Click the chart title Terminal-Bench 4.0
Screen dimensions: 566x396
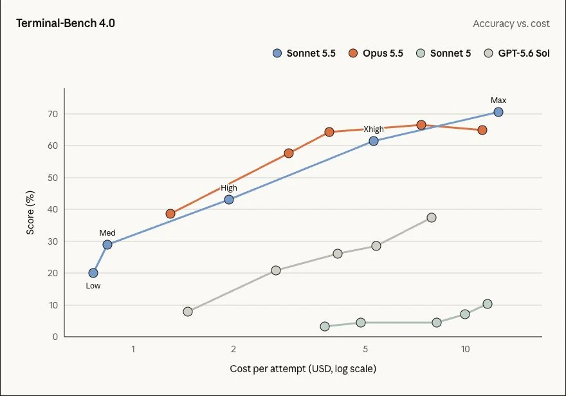coord(66,23)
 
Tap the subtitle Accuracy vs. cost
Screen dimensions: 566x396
coord(511,24)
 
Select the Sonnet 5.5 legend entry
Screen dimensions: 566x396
coord(304,53)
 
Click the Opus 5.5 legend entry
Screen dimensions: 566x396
coord(376,53)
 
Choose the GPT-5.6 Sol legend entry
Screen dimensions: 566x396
coord(517,53)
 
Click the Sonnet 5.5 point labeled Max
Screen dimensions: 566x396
coord(498,112)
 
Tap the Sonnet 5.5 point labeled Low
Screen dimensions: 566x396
coord(93,273)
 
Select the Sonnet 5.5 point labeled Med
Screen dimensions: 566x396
coord(107,245)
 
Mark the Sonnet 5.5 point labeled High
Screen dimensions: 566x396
coord(229,200)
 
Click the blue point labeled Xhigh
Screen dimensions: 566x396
coord(374,141)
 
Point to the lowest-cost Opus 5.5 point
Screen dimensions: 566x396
coord(170,214)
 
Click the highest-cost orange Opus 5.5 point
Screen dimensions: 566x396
coord(482,130)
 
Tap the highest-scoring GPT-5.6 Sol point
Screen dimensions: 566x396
coord(432,218)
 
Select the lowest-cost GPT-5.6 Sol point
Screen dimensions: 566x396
coord(188,312)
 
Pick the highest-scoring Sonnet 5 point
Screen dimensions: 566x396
coord(488,304)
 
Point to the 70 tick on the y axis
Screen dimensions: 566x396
coord(53,114)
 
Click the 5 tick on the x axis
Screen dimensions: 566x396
coord(365,349)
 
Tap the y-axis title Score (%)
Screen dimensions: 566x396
coord(30,212)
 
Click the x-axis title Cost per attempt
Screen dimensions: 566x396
coord(268,369)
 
